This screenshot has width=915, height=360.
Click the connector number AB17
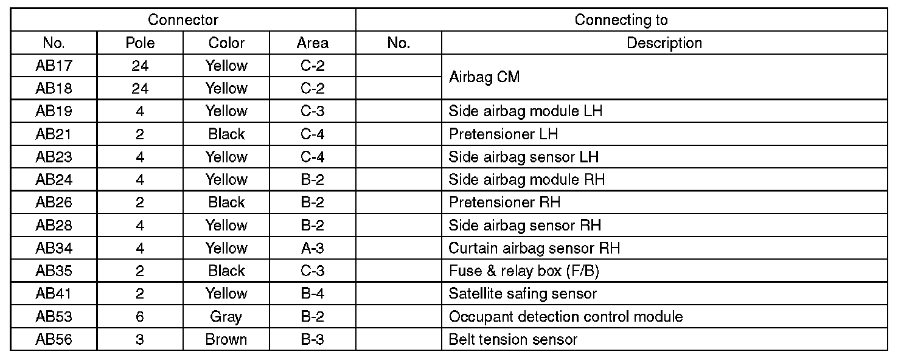pyautogui.click(x=54, y=66)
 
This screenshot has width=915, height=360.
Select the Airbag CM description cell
pyautogui.click(x=484, y=77)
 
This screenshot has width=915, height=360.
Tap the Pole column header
pyautogui.click(x=140, y=43)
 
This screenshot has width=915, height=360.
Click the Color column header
pyautogui.click(x=226, y=43)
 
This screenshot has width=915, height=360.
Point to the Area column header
pyautogui.click(x=313, y=43)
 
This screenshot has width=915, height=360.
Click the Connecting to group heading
pyautogui.click(x=621, y=20)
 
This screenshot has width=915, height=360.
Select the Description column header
pyautogui.click(x=664, y=43)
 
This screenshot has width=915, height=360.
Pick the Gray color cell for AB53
pyautogui.click(x=226, y=317)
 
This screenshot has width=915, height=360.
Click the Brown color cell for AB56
pyautogui.click(x=226, y=339)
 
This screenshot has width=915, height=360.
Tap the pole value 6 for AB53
pyautogui.click(x=140, y=317)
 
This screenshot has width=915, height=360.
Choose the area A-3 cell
pyautogui.click(x=313, y=248)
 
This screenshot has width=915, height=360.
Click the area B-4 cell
pyautogui.click(x=313, y=294)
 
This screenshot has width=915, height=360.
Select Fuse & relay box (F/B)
pyautogui.click(x=524, y=271)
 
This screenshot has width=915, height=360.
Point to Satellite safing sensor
pyautogui.click(x=523, y=294)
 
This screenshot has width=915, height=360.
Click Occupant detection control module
pyautogui.click(x=566, y=317)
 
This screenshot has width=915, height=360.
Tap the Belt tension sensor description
pyautogui.click(x=513, y=339)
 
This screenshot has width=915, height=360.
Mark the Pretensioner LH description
pyautogui.click(x=503, y=134)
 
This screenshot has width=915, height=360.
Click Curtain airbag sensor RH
pyautogui.click(x=534, y=248)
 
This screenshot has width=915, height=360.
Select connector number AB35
pyautogui.click(x=54, y=271)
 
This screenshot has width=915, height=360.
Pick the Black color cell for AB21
pyautogui.click(x=226, y=134)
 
